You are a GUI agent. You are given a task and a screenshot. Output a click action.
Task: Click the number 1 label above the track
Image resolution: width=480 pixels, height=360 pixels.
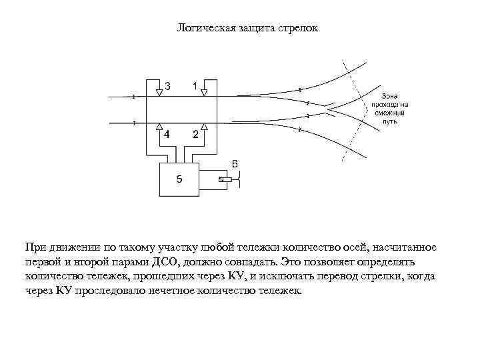tap(194, 86)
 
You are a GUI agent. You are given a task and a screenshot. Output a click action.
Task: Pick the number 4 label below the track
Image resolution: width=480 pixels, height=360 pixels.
tap(167, 134)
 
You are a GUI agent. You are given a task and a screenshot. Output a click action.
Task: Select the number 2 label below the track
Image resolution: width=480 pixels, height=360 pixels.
tap(195, 134)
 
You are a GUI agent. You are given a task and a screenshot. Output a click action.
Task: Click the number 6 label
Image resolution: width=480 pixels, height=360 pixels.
tap(235, 163)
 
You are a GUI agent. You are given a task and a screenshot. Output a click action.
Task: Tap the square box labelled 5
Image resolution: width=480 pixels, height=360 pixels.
tap(179, 179)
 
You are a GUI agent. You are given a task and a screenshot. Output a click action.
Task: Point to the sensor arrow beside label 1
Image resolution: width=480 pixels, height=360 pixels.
tap(205, 90)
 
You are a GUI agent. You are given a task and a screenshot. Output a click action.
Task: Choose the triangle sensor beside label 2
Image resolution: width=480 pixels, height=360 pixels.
tap(205, 127)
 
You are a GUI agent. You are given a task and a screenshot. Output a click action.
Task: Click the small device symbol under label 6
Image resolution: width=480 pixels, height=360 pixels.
tap(227, 179)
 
